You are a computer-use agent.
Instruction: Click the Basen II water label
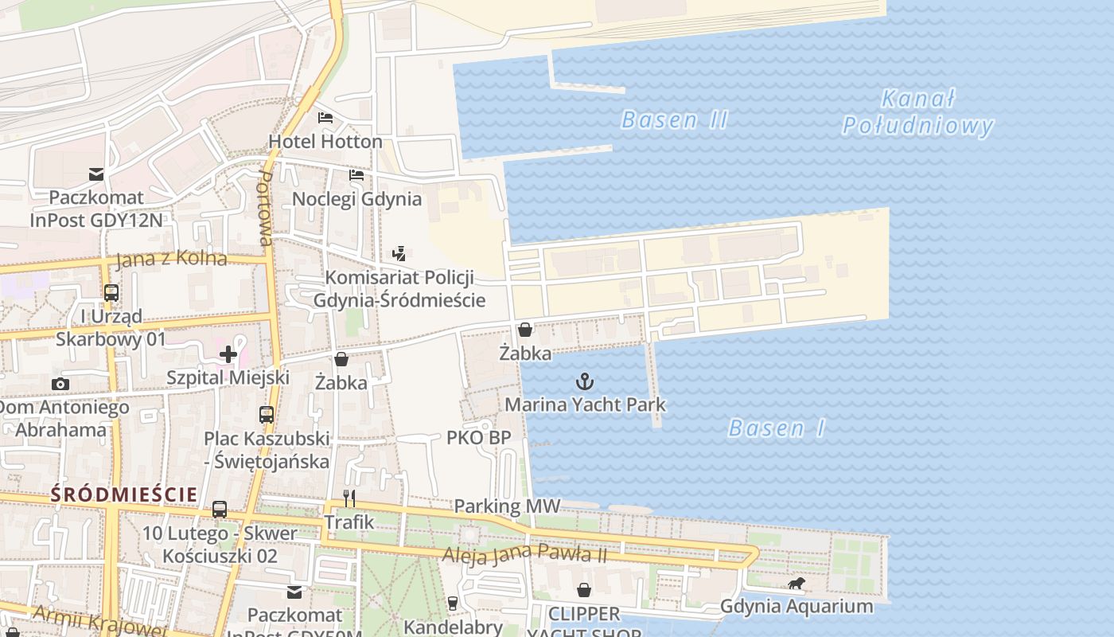(x=674, y=120)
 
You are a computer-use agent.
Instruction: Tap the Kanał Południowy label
(x=918, y=112)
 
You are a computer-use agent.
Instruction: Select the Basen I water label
(x=777, y=428)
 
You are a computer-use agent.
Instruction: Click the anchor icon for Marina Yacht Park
(x=585, y=381)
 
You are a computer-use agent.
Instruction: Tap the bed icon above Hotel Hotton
(x=325, y=118)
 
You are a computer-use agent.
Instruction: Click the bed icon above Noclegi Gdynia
(x=356, y=175)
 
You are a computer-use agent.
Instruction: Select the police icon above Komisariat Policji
(x=399, y=254)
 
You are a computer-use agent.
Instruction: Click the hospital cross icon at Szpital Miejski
(x=228, y=354)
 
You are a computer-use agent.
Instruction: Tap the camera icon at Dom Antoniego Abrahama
(x=60, y=385)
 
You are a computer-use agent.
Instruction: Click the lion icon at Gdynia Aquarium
(x=796, y=584)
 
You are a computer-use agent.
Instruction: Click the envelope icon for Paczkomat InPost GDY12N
(x=96, y=174)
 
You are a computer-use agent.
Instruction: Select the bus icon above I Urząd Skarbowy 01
(x=111, y=293)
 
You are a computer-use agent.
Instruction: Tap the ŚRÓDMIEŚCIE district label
(x=123, y=494)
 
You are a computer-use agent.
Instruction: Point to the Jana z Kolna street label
(x=171, y=260)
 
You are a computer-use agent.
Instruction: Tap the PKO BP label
(x=478, y=438)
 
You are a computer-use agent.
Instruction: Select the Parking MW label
(x=507, y=506)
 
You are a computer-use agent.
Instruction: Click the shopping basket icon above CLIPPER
(x=584, y=590)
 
